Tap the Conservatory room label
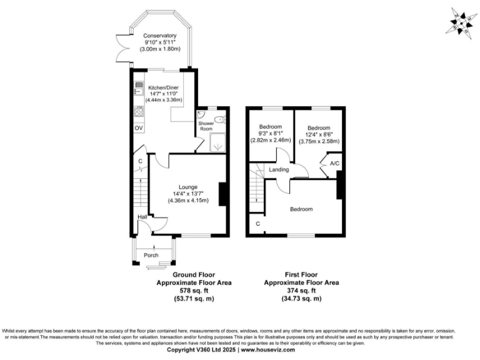159,36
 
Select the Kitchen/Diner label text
164,87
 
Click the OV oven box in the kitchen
139,128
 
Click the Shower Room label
206,125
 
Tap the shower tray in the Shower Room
218,141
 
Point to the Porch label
151,255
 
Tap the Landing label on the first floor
279,170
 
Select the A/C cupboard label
334,164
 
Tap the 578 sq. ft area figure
194,291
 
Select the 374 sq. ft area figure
301,291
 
